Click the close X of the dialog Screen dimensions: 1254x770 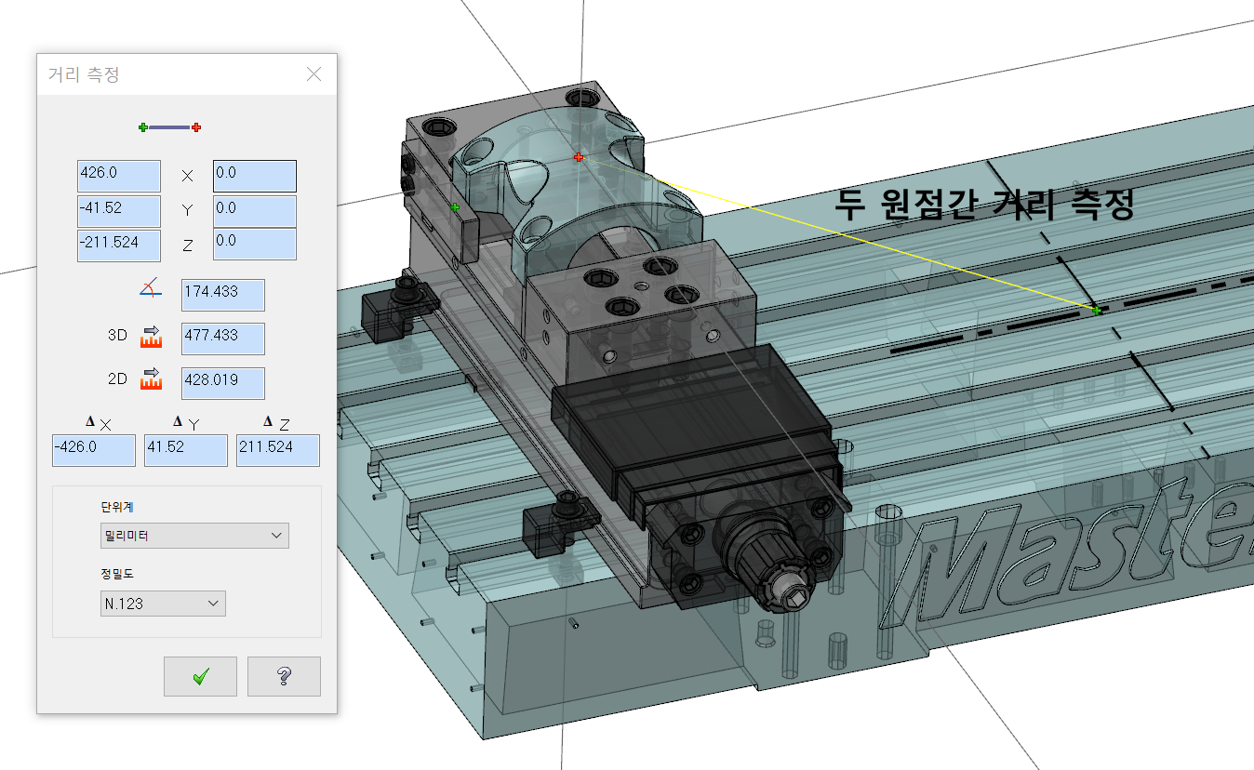(314, 73)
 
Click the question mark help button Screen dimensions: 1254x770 (284, 676)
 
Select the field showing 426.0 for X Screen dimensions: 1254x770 (119, 176)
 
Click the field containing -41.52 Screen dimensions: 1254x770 (119, 211)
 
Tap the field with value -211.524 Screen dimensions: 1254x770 (119, 246)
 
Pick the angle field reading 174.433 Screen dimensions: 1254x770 (223, 295)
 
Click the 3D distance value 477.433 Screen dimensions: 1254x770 (223, 339)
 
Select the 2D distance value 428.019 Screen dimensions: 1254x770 (223, 383)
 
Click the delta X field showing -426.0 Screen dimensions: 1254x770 (93, 450)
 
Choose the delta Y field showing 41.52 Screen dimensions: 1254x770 (186, 450)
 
